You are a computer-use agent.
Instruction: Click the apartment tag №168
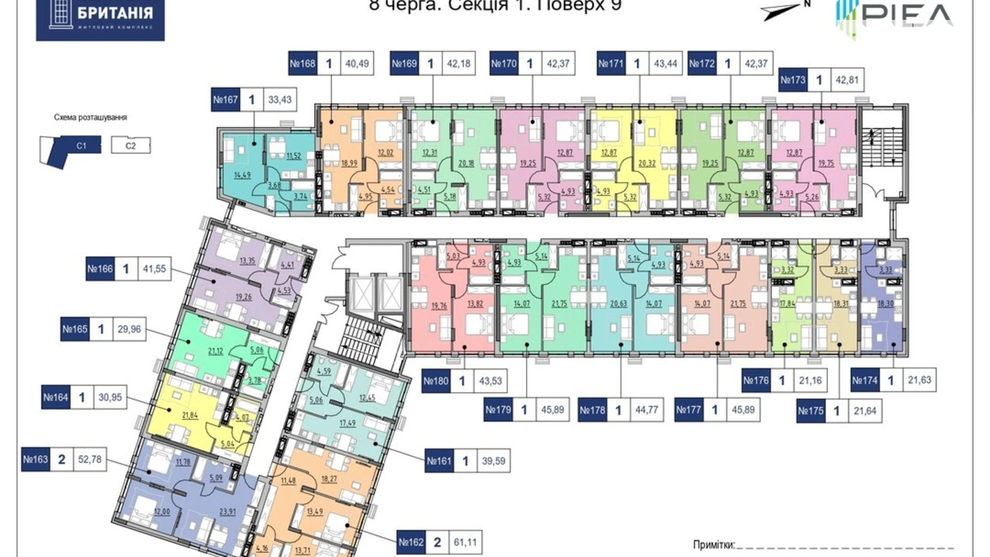click(x=303, y=64)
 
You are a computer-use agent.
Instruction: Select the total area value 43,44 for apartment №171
click(x=666, y=64)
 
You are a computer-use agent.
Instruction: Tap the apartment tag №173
click(x=793, y=80)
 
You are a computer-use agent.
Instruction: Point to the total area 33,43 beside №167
click(x=280, y=100)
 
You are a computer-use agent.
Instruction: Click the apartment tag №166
click(x=100, y=269)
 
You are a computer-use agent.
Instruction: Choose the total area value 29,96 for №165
click(x=129, y=329)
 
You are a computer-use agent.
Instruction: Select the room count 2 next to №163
click(x=62, y=460)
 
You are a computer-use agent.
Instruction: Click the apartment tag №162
click(x=411, y=543)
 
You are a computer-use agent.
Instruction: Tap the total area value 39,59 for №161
click(x=493, y=461)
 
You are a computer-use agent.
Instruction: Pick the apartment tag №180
click(x=436, y=381)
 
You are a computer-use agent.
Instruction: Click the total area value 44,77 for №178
click(x=646, y=410)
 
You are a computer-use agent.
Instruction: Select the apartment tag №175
click(x=810, y=411)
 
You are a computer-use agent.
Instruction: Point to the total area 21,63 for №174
click(x=919, y=380)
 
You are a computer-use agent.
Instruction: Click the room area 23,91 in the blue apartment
click(x=227, y=511)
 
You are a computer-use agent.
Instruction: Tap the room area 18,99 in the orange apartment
click(x=349, y=163)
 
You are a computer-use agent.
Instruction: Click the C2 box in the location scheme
click(x=131, y=146)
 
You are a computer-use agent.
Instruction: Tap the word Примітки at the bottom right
click(x=713, y=545)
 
